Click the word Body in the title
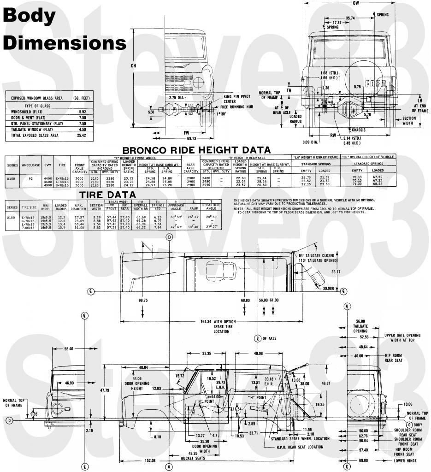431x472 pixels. click(x=30, y=16)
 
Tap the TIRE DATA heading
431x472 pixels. click(x=108, y=195)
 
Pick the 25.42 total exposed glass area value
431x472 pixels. click(x=82, y=136)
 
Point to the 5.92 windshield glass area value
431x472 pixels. click(x=82, y=112)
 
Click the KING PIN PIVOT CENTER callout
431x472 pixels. click(x=236, y=99)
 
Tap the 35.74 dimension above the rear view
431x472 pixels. click(x=350, y=18)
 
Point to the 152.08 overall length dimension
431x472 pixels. click(x=147, y=460)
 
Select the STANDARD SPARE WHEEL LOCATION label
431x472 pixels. click(x=306, y=438)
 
